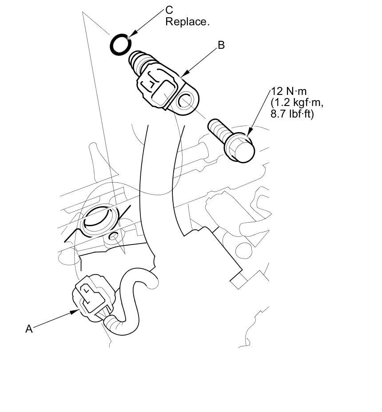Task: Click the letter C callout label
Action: [169, 10]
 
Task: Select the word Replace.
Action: [187, 22]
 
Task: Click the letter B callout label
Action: [221, 45]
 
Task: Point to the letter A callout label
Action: [29, 329]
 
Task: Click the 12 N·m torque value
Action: [289, 91]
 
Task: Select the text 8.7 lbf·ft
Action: [292, 114]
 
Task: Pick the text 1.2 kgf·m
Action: [297, 103]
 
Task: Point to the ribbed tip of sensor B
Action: [139, 61]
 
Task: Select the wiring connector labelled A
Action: [93, 298]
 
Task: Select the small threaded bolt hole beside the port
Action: [113, 236]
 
